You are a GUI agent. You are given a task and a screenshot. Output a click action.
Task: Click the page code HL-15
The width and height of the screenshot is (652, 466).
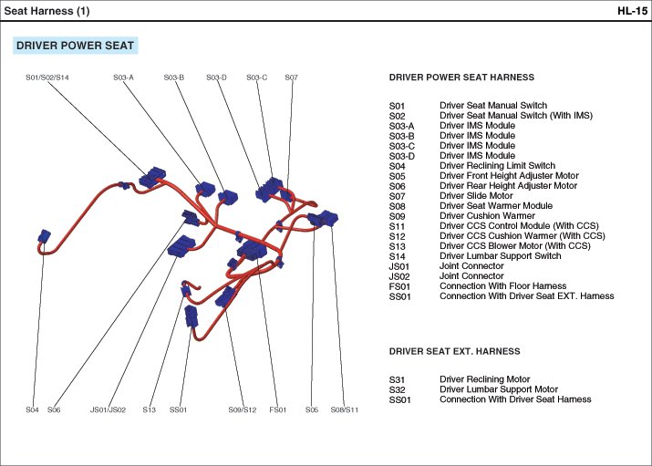click(x=632, y=11)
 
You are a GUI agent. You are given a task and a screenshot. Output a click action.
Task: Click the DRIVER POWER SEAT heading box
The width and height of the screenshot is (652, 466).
click(x=76, y=46)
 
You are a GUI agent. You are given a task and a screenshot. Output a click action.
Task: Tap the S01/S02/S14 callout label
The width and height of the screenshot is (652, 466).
click(x=47, y=78)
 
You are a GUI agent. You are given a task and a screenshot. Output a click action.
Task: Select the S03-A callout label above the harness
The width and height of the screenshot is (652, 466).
click(x=123, y=78)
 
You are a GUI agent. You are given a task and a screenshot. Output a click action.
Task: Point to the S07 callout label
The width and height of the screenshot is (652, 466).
click(x=291, y=78)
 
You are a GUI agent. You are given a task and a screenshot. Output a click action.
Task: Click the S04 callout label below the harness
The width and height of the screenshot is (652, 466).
click(x=32, y=409)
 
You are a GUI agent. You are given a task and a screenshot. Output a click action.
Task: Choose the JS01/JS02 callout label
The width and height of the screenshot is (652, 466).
click(x=109, y=409)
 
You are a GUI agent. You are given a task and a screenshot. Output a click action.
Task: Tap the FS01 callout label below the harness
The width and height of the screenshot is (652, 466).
click(x=278, y=409)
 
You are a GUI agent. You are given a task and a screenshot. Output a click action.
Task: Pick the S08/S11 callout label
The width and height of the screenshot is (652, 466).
click(x=345, y=409)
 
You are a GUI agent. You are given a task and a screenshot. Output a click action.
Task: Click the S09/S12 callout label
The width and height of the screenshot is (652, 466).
click(x=243, y=409)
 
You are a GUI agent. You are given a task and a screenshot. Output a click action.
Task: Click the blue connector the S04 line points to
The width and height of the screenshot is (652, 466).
click(x=44, y=236)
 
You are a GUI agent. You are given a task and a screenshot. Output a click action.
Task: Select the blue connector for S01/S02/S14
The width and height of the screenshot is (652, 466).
click(x=151, y=178)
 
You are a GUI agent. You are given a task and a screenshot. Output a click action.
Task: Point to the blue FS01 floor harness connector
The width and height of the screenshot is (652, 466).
click(x=252, y=249)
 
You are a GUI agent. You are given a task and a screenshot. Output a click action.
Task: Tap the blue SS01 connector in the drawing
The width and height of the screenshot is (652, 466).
click(x=191, y=316)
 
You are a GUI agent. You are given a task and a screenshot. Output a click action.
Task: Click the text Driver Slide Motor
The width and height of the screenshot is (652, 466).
click(x=476, y=196)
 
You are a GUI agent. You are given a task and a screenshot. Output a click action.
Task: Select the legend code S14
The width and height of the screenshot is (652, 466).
click(x=397, y=256)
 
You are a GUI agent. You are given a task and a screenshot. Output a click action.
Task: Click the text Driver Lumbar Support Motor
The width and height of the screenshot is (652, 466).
click(x=499, y=389)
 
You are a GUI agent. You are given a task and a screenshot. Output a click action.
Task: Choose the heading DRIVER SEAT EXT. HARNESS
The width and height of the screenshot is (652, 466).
click(x=454, y=351)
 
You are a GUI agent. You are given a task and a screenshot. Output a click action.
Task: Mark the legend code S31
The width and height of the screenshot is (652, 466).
click(x=397, y=379)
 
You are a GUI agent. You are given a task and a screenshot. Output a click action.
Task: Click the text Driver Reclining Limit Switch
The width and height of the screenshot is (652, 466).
click(x=497, y=165)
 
